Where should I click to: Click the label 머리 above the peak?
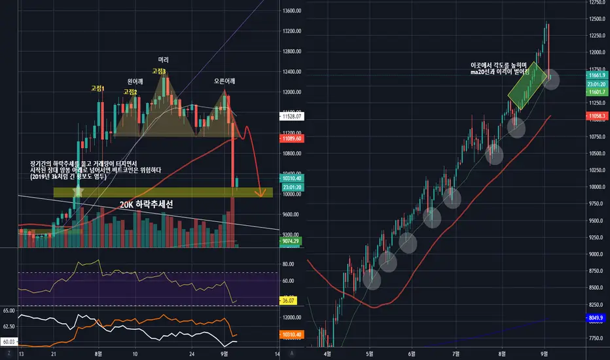tap(163, 60)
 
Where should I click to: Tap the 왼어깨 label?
tap(135, 82)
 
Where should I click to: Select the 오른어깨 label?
tap(226, 82)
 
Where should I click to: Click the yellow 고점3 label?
tap(159, 71)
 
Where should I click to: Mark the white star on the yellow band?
tap(79, 191)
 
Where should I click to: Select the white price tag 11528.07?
tap(291, 117)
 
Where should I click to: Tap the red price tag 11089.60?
tap(291, 139)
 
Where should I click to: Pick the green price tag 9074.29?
tap(291, 242)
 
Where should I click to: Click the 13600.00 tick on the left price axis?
tap(291, 10)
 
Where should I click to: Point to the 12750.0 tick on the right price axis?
tap(596, 2)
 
